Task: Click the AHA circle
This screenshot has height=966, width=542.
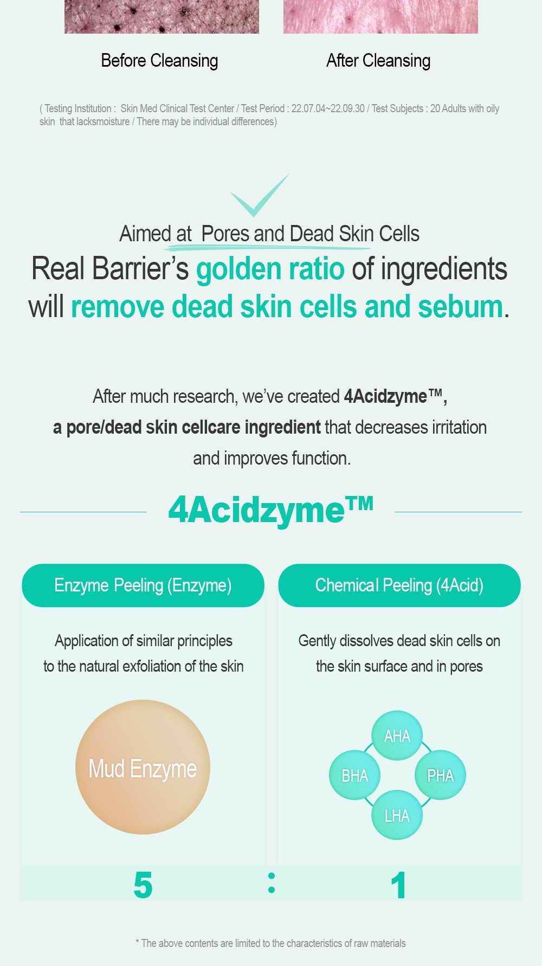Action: point(397,736)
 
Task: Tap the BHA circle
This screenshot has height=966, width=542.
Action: point(354,775)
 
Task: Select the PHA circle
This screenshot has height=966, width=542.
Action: point(440,775)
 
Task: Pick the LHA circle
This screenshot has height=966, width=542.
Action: point(397,815)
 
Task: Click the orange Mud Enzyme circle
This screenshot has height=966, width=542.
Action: point(143,767)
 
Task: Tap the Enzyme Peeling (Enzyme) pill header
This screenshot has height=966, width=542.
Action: point(143,585)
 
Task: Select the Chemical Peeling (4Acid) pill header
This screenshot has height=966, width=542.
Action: point(399,585)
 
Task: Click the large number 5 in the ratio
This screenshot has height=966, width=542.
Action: point(143,885)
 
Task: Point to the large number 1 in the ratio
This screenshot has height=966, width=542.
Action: point(398,885)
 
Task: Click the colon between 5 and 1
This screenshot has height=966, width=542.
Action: point(272,883)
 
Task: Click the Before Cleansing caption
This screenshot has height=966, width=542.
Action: point(159,61)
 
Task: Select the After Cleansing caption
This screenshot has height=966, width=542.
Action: point(378,61)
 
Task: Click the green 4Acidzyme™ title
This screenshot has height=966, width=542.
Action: point(271,511)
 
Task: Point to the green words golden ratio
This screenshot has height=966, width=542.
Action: point(270,269)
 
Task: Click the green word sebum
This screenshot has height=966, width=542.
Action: point(461,307)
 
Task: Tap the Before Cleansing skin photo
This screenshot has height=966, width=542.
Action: point(162,17)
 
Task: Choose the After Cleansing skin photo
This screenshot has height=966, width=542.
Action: point(380,17)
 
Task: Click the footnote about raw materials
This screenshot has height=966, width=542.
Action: point(270,943)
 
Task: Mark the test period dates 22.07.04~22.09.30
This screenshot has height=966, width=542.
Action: point(328,108)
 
